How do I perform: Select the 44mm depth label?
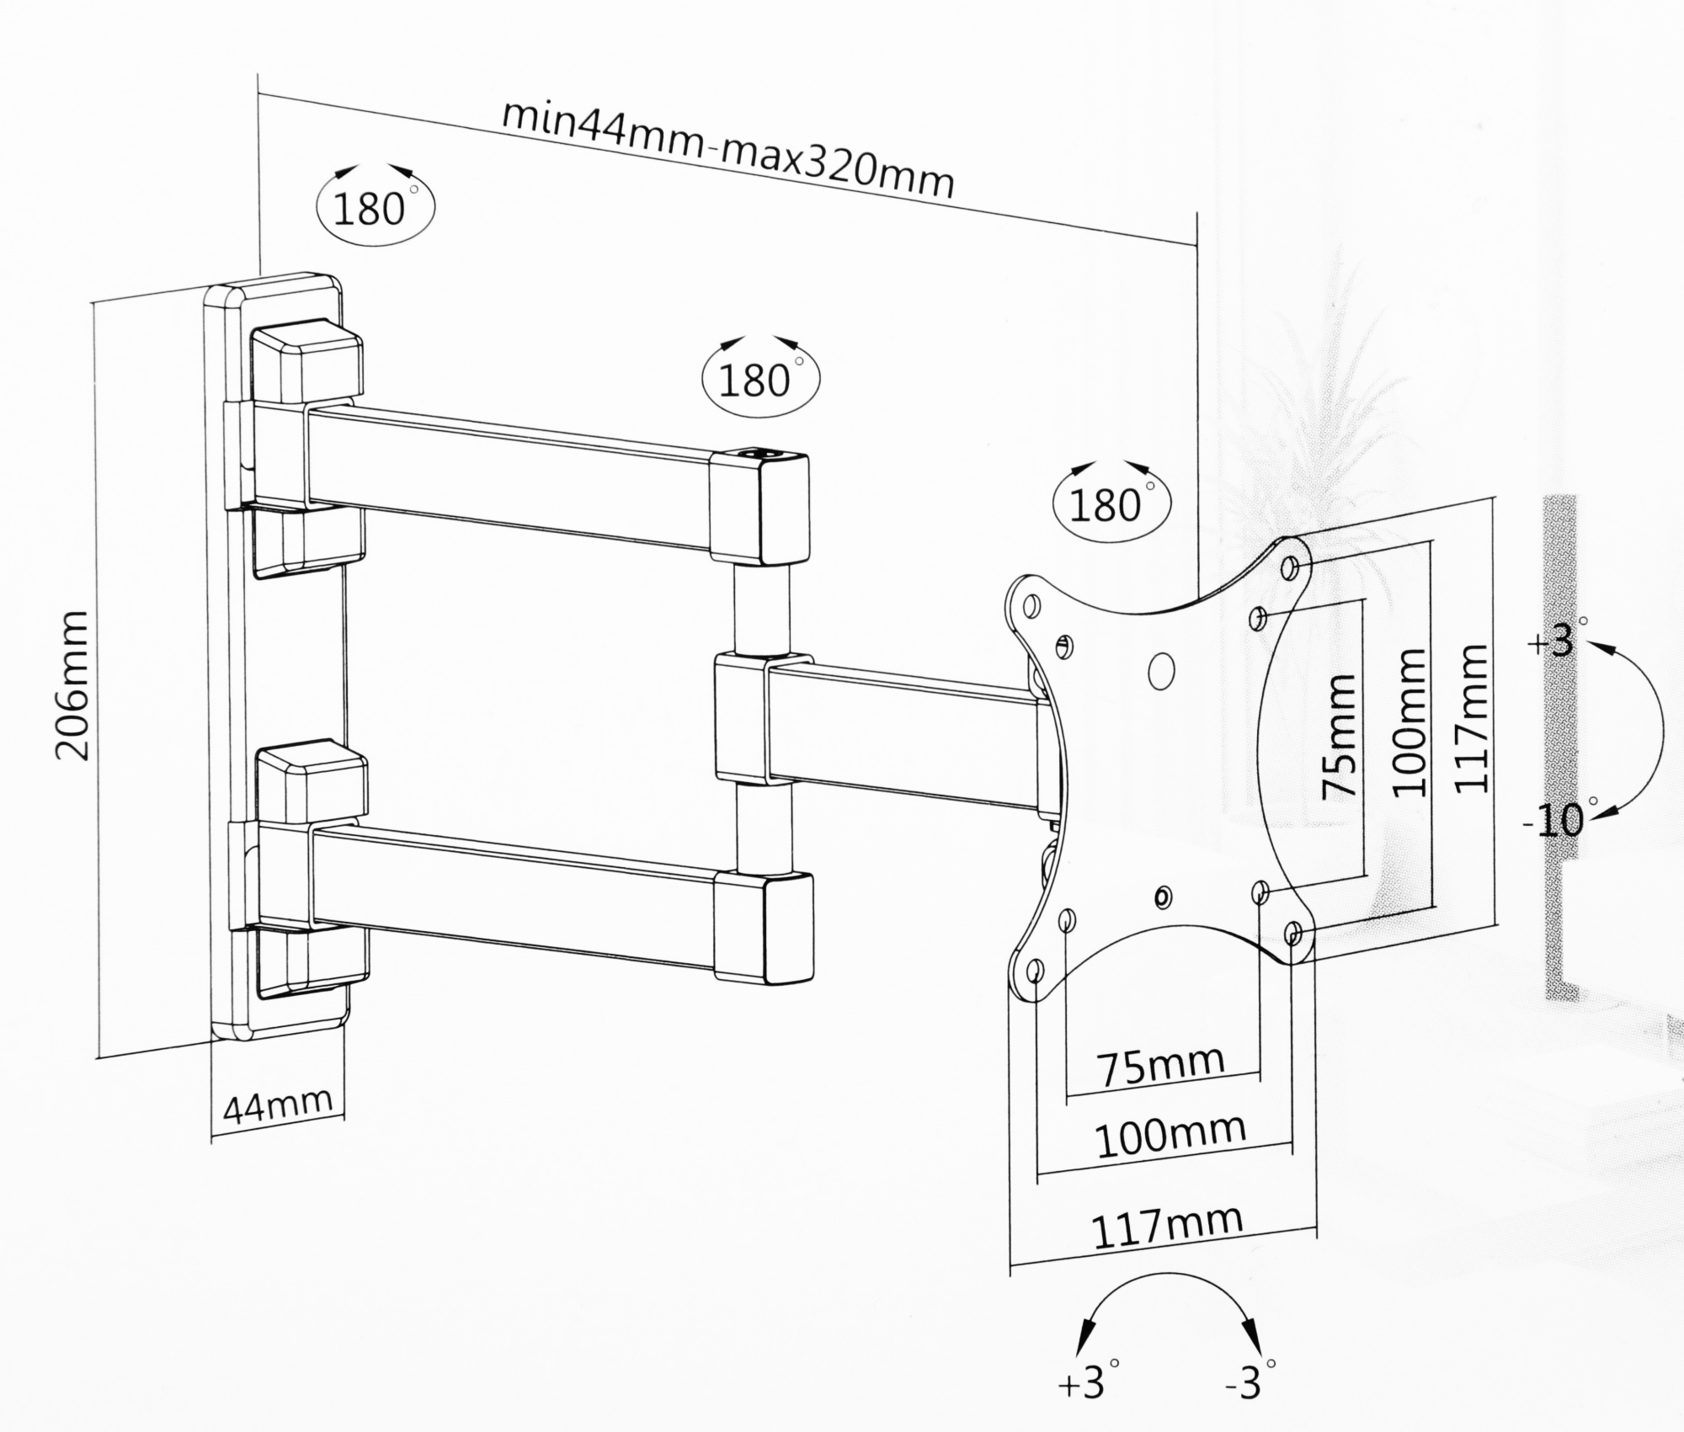277,1104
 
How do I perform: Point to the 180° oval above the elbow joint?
759,378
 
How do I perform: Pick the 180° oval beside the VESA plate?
1111,503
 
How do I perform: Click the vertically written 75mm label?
1338,736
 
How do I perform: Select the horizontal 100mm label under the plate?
1170,1136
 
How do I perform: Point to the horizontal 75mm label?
1162,1067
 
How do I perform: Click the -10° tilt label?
1554,819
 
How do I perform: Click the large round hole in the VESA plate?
1160,669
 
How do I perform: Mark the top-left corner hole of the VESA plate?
1029,605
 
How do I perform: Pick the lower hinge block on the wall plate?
312,783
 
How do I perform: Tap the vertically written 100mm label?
1408,722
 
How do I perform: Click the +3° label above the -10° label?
1554,641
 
